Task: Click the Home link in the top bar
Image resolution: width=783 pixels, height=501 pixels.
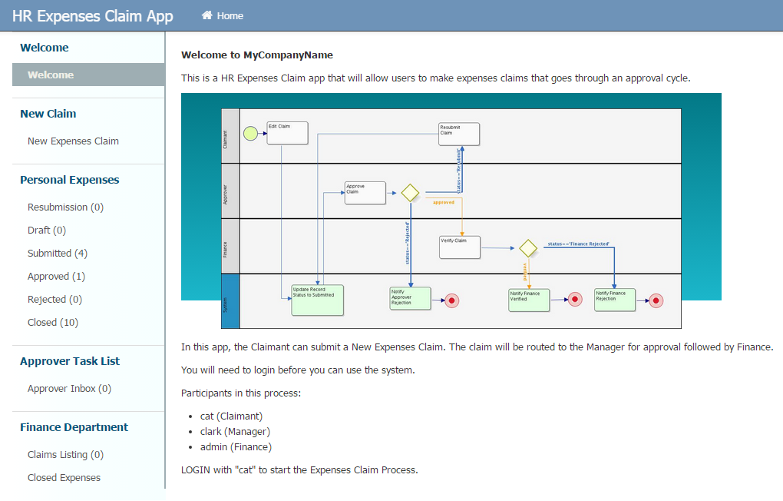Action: click(x=223, y=16)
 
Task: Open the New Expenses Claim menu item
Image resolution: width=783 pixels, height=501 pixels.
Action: click(x=73, y=141)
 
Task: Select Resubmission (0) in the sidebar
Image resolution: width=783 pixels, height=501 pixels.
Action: click(x=65, y=207)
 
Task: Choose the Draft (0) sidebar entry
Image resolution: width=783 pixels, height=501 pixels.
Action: click(x=47, y=231)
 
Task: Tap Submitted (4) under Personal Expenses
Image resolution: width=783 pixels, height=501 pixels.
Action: click(x=58, y=254)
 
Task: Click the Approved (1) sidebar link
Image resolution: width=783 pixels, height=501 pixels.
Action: click(x=56, y=277)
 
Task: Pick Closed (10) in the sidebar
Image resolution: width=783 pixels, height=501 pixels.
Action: click(x=53, y=323)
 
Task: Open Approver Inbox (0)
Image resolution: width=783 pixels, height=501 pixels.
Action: click(x=69, y=389)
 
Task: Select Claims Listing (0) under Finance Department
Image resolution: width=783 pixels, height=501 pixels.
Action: click(x=65, y=455)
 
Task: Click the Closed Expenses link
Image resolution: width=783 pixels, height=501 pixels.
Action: click(x=64, y=478)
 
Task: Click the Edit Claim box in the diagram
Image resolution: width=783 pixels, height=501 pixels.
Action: click(x=287, y=133)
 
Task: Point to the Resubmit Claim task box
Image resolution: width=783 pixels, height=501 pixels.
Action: click(x=459, y=134)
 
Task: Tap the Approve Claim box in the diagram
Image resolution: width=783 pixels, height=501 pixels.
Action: click(x=365, y=193)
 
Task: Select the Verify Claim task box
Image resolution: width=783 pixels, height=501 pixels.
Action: click(x=459, y=247)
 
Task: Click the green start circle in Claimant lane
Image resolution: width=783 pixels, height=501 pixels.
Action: click(x=250, y=134)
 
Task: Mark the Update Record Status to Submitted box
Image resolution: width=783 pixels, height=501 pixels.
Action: click(x=317, y=300)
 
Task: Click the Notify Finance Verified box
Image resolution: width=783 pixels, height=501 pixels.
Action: click(x=529, y=300)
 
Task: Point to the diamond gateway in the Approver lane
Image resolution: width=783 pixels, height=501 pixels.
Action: click(x=410, y=193)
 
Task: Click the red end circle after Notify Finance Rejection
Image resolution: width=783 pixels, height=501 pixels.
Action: click(x=656, y=301)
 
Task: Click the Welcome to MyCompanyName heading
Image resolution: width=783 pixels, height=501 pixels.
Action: click(x=257, y=55)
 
